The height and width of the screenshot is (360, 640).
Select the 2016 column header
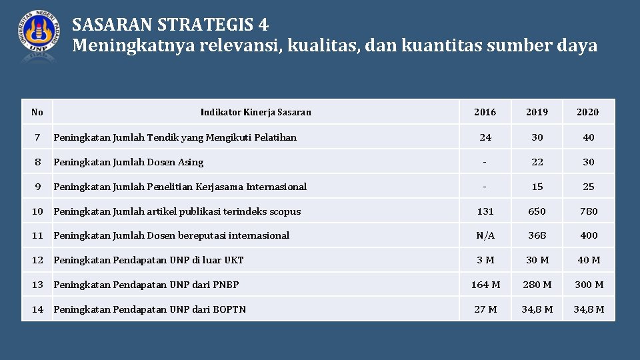(x=485, y=112)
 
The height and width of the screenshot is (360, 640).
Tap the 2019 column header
(x=537, y=112)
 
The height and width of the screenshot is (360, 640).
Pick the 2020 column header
(x=588, y=112)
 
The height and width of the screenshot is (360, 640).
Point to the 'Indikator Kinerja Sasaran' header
(x=255, y=112)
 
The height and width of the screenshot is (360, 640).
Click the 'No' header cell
(x=37, y=112)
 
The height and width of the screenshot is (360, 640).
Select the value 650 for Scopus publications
(x=537, y=211)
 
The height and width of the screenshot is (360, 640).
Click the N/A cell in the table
(x=485, y=235)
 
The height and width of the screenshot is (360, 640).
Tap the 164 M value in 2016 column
(x=485, y=285)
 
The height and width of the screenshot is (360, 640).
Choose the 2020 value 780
(x=588, y=211)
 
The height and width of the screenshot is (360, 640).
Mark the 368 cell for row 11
(x=537, y=235)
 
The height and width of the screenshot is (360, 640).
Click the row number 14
(x=37, y=309)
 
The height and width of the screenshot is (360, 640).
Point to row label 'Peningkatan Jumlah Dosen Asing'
(x=129, y=162)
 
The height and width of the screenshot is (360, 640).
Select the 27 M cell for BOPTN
(x=485, y=309)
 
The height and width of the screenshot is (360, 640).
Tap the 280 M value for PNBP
(x=537, y=285)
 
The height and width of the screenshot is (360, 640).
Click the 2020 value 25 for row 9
(x=588, y=187)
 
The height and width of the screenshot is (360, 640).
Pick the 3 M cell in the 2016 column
(x=485, y=260)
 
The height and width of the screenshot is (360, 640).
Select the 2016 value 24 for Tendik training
(x=485, y=137)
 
